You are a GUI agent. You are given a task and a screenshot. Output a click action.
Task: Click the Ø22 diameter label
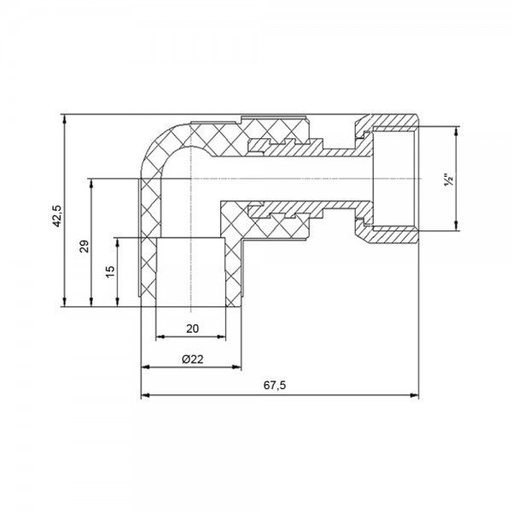coord(192,359)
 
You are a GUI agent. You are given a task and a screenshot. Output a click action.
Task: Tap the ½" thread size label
coord(447,181)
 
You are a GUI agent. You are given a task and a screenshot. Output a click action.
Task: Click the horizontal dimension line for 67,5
coord(341,395)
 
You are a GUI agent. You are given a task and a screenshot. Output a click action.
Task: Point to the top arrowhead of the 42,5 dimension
coord(65,118)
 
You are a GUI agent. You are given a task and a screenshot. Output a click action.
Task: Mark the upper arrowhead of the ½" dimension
coord(456,131)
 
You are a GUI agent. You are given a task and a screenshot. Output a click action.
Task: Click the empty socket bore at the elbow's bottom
coord(191,271)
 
